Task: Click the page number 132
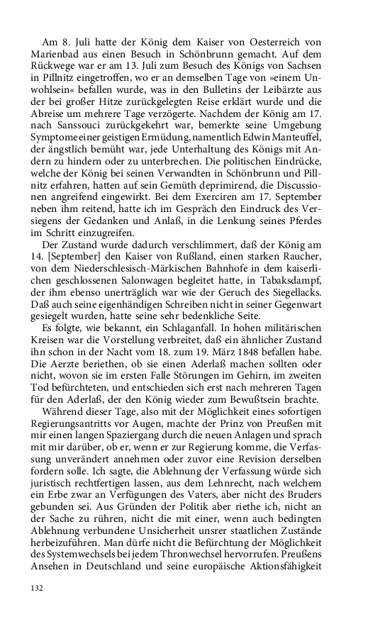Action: [38, 588]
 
